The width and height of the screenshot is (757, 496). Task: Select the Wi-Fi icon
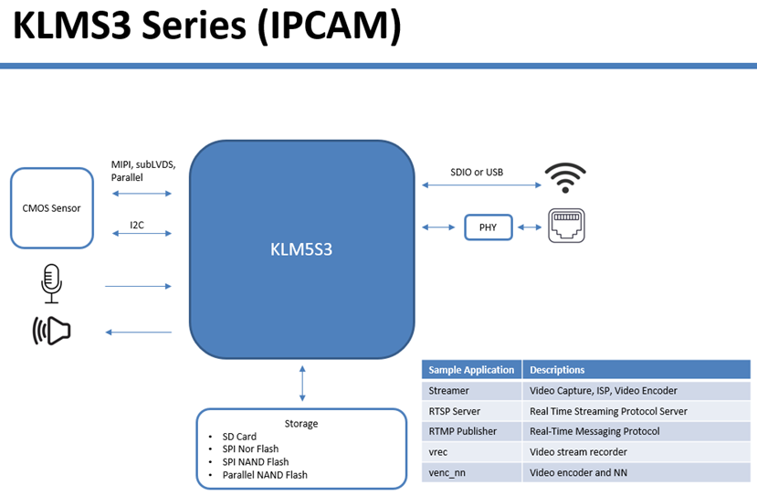click(565, 178)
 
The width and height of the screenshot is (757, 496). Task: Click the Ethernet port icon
click(566, 226)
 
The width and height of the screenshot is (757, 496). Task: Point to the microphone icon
click(51, 283)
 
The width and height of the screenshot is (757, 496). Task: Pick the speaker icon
click(52, 331)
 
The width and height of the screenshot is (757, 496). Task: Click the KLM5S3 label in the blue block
click(301, 249)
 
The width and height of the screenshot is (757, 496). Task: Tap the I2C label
click(137, 225)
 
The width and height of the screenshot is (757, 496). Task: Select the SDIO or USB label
click(477, 173)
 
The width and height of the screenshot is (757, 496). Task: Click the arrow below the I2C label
click(142, 234)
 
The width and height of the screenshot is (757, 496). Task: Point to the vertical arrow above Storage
click(302, 384)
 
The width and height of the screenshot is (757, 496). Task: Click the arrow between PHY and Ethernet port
click(530, 227)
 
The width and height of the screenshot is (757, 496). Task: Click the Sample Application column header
click(472, 370)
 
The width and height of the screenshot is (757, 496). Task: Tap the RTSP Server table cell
click(472, 411)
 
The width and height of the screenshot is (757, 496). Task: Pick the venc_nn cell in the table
click(472, 473)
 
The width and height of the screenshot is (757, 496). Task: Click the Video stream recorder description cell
click(636, 452)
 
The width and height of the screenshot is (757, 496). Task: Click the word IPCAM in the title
click(330, 25)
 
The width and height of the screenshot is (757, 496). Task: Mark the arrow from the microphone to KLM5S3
click(138, 287)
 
